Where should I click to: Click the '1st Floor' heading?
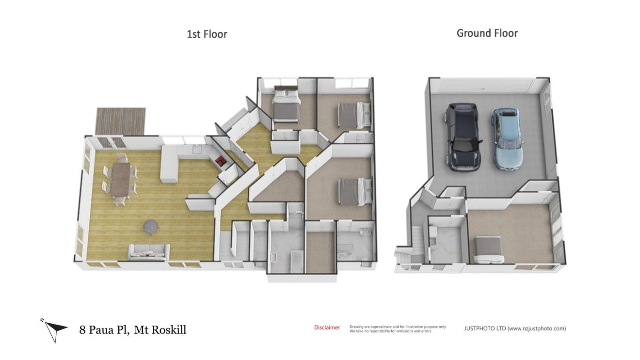207,34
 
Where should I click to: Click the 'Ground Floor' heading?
487,33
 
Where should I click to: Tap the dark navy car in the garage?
463,137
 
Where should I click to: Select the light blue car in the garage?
508,140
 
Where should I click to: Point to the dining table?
120,179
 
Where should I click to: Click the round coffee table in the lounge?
151,226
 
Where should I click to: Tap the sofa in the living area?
148,252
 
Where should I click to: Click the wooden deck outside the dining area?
121,121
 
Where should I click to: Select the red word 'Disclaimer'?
327,328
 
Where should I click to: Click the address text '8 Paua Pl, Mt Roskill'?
132,330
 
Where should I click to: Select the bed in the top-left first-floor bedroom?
286,104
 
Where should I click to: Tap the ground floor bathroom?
445,240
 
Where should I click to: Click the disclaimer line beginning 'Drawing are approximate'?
398,327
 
